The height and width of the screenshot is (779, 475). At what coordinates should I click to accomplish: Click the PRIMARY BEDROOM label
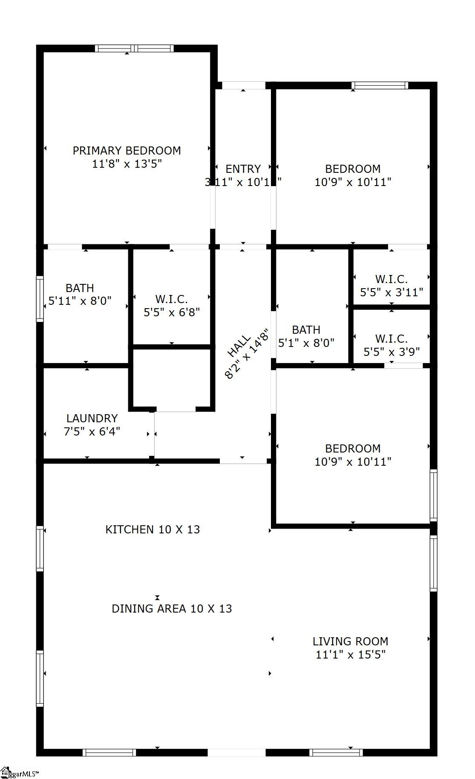coord(127,151)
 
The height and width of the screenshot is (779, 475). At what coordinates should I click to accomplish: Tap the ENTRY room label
coord(243,169)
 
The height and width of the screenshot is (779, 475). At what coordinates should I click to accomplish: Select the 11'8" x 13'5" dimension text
coord(127,164)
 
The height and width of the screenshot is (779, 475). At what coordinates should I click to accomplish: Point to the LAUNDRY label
coord(92,418)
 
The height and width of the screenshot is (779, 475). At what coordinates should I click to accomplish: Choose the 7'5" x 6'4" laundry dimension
coord(92,432)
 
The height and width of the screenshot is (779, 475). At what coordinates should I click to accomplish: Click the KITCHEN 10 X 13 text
coord(153,530)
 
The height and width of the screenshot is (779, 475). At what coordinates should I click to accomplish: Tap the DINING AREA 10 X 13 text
coord(172,609)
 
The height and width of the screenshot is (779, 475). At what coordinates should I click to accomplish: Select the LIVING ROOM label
coord(350,642)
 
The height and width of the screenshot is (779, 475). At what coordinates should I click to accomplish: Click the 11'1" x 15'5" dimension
coord(350,655)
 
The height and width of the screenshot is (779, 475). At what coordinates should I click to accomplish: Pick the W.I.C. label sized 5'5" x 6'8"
coord(171,299)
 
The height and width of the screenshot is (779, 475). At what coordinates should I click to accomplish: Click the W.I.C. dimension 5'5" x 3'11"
coord(391,292)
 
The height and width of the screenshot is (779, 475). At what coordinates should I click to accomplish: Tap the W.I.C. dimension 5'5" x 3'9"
coord(391,352)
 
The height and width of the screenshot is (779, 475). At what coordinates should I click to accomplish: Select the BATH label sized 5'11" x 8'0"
coord(80,288)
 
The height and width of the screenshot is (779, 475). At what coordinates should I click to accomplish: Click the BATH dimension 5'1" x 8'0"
coord(306,343)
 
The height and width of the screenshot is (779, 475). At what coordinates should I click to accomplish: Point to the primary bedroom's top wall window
coord(134,49)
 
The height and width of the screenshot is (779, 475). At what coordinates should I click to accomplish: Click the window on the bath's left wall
coord(40,298)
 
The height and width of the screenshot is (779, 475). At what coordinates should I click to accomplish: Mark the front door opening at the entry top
coord(244,86)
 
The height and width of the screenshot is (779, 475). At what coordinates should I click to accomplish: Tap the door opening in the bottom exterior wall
coord(236,753)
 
